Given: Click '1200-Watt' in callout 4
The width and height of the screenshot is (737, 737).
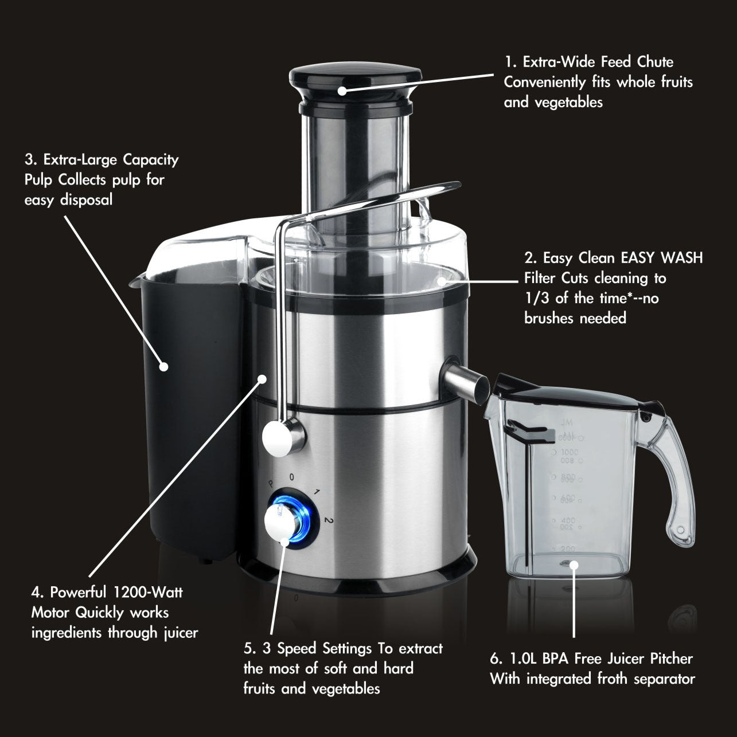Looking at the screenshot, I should (x=147, y=592).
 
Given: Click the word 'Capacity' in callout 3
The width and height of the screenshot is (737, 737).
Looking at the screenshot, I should (x=151, y=160).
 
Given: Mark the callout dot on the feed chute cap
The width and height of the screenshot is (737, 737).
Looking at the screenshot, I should (x=342, y=91).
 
